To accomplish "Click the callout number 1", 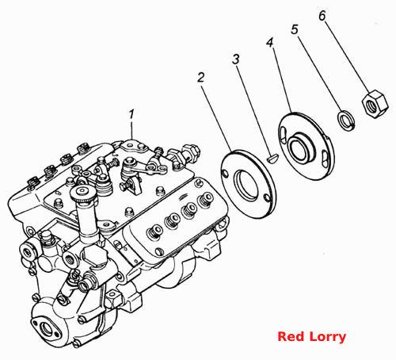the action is (131, 114).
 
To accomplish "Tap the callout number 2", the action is (201, 78).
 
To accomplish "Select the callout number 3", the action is (236, 59).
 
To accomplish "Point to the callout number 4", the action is (269, 43).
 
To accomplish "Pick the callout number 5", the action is (295, 29).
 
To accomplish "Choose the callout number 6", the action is (322, 16).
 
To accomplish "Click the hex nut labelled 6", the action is (375, 104).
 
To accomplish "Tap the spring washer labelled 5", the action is (346, 121).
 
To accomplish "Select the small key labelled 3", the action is (272, 159).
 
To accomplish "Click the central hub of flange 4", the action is (301, 150).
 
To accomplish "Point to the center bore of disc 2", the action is (247, 185).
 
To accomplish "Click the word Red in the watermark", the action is (291, 337).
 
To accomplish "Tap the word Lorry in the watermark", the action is (327, 338).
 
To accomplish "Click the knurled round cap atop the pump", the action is (82, 193).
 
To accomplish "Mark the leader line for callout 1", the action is (131, 130).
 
